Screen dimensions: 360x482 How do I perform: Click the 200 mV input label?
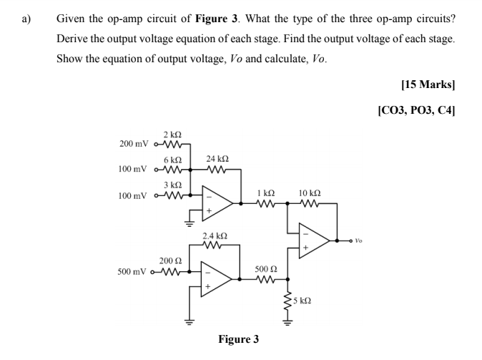134,143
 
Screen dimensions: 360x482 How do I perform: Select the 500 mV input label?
134,272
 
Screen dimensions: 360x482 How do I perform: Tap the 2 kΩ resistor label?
172,135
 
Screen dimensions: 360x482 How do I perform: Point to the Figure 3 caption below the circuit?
240,339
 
